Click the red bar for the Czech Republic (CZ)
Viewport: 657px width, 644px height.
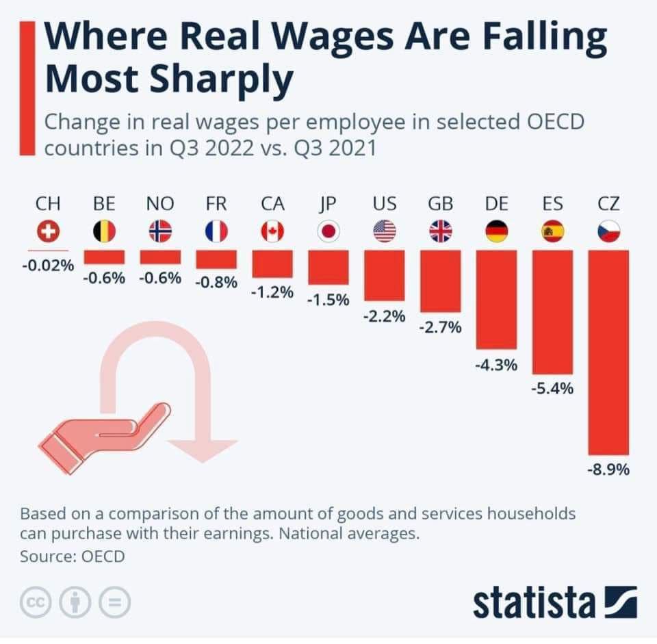coord(608,352)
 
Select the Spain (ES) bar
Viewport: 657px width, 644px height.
coord(552,311)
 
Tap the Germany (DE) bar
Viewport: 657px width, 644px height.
coord(496,299)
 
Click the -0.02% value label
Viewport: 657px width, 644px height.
coord(47,265)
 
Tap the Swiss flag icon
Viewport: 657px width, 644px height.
coord(48,232)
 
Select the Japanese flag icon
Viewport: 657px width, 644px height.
coord(328,232)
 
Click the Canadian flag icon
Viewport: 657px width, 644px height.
coord(272,232)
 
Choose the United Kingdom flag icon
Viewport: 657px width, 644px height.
coord(441,232)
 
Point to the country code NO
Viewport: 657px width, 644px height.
coord(160,203)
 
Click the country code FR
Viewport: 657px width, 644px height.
coord(216,203)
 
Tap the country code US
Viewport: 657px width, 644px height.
coord(385,203)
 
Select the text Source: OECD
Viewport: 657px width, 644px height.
coord(73,556)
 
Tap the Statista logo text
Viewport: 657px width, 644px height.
coord(534,602)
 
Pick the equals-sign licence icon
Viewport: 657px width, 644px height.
coord(115,602)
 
